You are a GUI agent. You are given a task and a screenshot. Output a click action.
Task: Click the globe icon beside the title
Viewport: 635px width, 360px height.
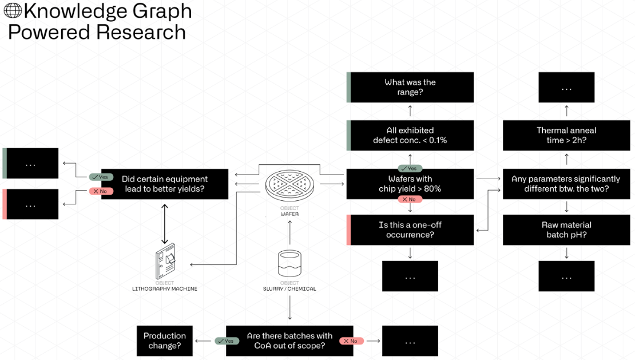[13, 11]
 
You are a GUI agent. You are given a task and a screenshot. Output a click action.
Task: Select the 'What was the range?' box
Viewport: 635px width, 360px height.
[411, 87]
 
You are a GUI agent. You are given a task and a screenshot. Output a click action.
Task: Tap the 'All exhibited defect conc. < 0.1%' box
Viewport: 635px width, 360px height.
[411, 135]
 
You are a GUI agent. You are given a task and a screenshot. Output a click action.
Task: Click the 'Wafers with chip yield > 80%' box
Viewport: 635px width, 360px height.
[410, 184]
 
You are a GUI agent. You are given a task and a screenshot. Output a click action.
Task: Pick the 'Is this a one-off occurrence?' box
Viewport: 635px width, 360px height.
[411, 230]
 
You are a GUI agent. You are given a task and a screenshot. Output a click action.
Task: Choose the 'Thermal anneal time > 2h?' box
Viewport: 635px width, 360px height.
[566, 135]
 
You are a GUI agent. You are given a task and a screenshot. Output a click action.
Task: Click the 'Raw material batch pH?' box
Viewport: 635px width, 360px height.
[566, 230]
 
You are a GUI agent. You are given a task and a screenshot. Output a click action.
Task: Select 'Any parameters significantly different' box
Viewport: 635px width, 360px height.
[566, 184]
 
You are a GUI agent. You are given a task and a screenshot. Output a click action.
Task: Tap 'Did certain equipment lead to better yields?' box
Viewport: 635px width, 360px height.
[165, 184]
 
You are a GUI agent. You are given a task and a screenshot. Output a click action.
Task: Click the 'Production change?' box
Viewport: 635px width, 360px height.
[165, 341]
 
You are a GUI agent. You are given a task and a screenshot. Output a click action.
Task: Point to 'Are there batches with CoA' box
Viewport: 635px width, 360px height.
[289, 341]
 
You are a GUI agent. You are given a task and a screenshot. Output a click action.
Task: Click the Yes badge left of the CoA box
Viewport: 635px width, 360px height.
[227, 341]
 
